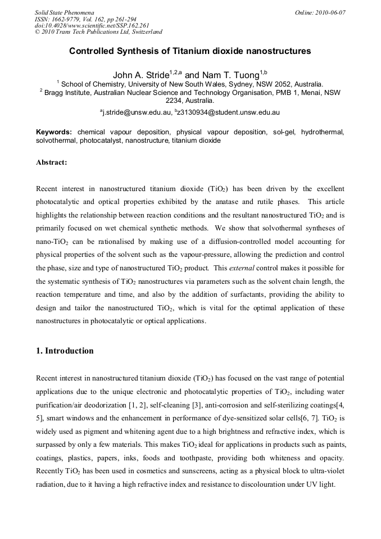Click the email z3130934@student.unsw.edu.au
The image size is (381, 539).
229,112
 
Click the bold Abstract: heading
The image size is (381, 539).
51,162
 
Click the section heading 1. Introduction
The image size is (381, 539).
65,351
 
